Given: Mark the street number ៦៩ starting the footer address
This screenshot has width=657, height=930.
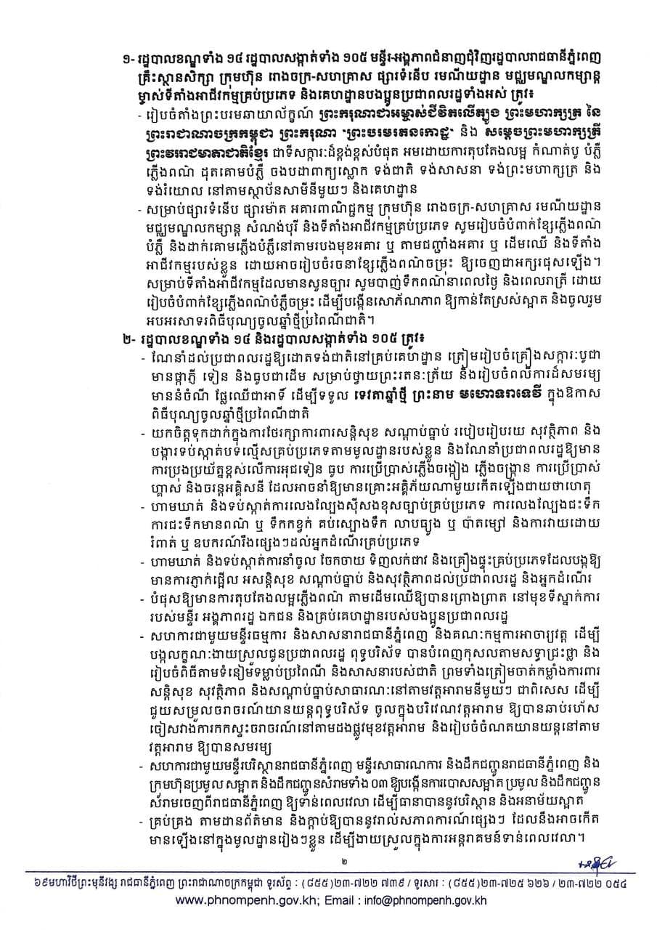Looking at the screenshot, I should pyautogui.click(x=35, y=882).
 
